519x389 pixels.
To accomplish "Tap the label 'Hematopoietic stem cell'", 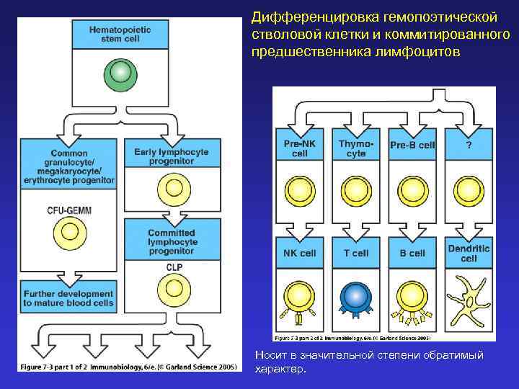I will pyautogui.click(x=120, y=33).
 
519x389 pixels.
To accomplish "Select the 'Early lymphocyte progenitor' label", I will pyautogui.click(x=172, y=156).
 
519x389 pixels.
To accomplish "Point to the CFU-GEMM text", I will pyautogui.click(x=70, y=210).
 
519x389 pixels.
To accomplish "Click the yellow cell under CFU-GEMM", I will pyautogui.click(x=70, y=232).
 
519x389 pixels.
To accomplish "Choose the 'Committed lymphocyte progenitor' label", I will pyautogui.click(x=172, y=243).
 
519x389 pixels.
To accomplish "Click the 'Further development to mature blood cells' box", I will pyautogui.click(x=68, y=298).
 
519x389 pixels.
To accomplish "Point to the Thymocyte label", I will pyautogui.click(x=356, y=148).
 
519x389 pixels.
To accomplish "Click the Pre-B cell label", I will pyautogui.click(x=412, y=145).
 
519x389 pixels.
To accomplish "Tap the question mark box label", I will pyautogui.click(x=469, y=145).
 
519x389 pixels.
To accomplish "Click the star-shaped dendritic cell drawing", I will pyautogui.click(x=468, y=300).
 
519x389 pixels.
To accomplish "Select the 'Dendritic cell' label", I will pyautogui.click(x=469, y=254).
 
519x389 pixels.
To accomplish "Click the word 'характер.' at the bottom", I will pyautogui.click(x=281, y=370).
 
